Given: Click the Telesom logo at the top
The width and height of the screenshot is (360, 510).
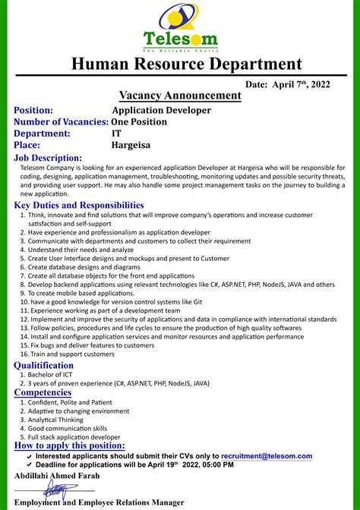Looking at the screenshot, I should [x=179, y=27].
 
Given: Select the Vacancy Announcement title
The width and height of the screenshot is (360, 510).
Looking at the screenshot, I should [x=180, y=96].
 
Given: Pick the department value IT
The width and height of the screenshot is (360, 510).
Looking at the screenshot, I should [x=116, y=134].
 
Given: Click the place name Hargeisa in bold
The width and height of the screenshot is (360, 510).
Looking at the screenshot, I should [x=131, y=145].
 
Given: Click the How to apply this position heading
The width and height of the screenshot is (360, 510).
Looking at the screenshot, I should [x=70, y=445].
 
